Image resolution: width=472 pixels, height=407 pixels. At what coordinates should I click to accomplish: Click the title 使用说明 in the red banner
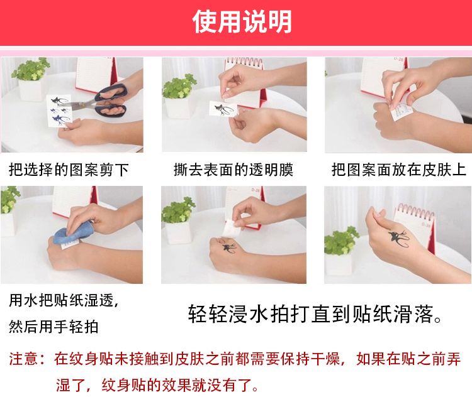pos(242,21)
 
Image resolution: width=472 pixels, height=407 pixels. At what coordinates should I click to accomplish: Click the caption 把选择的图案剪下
pos(69,170)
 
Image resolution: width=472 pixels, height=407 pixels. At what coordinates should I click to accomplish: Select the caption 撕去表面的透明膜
pos(233,170)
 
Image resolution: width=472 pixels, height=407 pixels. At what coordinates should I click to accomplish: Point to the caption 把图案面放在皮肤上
pos(398,170)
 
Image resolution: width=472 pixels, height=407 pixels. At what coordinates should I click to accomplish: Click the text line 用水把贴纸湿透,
pos(64,300)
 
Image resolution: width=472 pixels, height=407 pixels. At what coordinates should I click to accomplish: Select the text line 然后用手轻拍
pos(53,327)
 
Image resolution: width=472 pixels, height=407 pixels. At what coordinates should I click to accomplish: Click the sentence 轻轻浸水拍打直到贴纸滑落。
pos(315,314)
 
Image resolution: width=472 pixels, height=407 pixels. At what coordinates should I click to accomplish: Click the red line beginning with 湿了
pos(157,385)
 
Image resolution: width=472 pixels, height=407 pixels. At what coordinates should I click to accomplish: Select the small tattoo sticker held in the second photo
pos(223,109)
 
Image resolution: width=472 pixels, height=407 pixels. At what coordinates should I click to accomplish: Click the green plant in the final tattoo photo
pos(340,241)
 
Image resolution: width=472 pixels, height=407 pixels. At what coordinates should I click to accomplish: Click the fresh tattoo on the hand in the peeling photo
pos(229,248)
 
